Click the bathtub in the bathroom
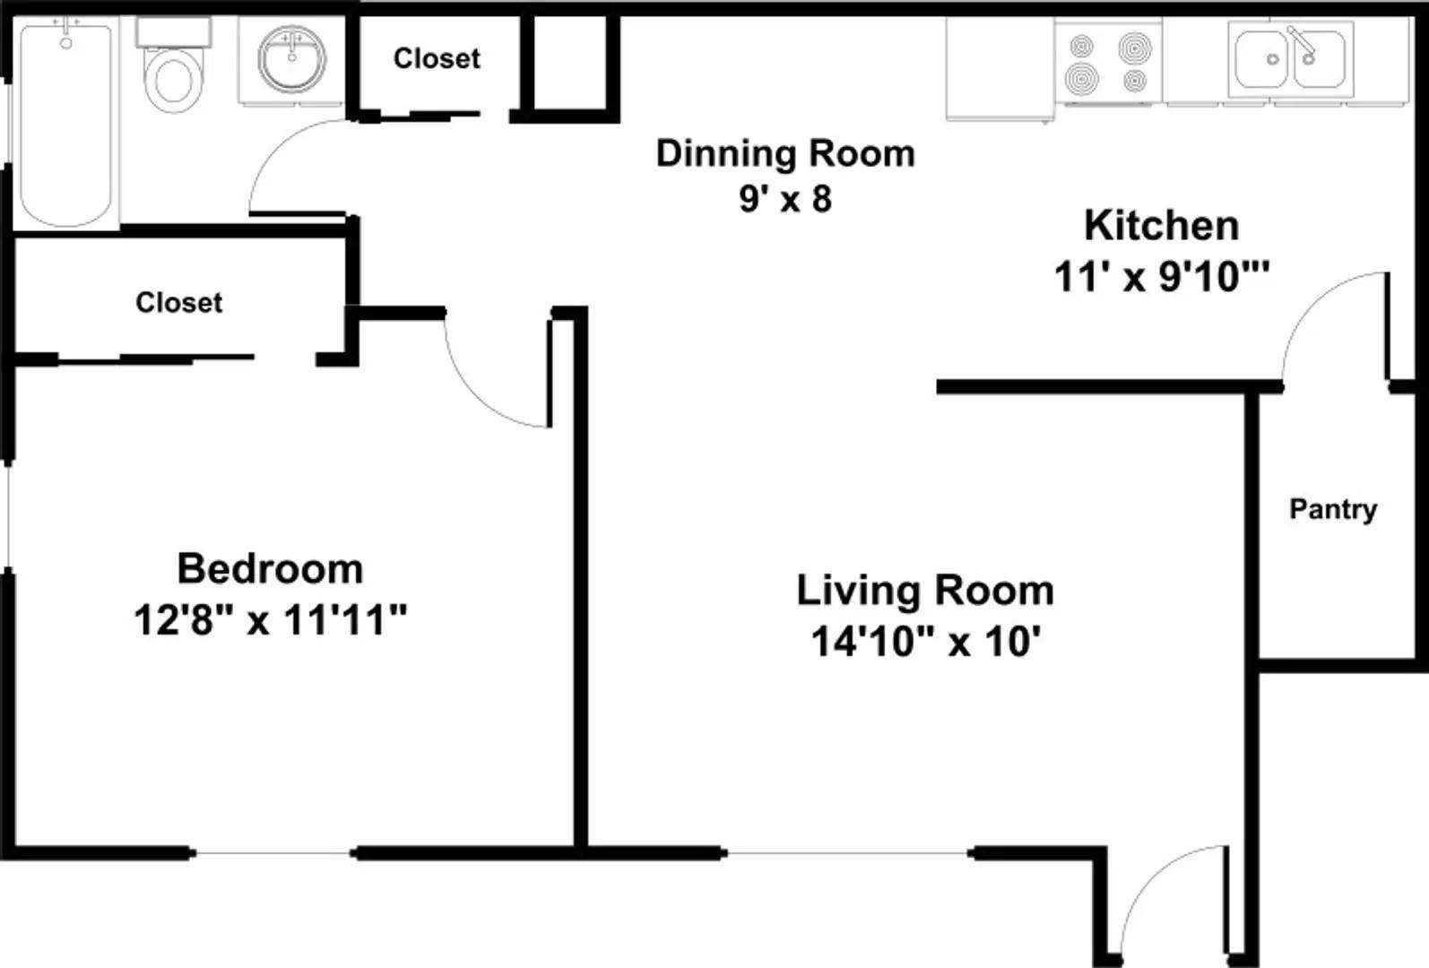65,125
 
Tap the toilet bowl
174,76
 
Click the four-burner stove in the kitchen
1108,63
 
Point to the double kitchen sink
1290,59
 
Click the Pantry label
1332,509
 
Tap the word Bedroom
270,568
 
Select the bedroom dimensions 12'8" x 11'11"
270,619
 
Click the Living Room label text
924,591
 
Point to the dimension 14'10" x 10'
924,642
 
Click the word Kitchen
1161,225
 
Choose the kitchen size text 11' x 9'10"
1161,277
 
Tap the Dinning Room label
785,153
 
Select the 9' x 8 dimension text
785,199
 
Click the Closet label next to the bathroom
437,58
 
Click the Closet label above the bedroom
178,302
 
